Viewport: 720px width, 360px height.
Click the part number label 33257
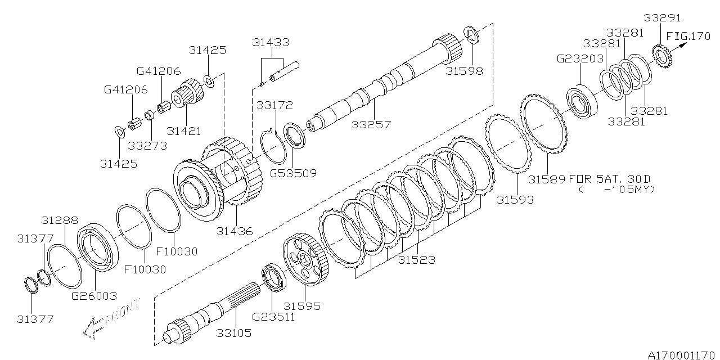pos(371,124)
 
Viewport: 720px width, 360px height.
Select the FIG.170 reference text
pos(688,37)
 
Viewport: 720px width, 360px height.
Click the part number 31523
pos(417,260)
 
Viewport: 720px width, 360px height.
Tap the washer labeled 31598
pos(471,34)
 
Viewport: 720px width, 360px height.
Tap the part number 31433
pos(271,42)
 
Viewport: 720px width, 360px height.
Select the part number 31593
pos(515,199)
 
